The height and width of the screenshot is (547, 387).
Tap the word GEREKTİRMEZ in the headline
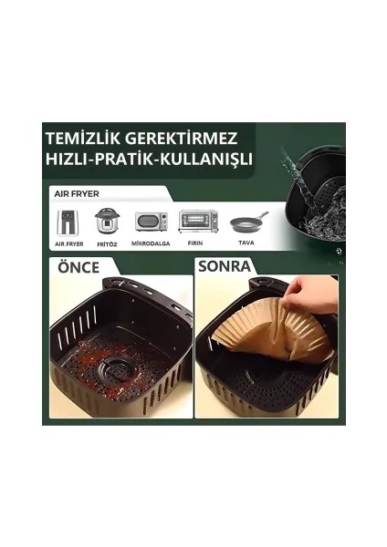[x=181, y=138]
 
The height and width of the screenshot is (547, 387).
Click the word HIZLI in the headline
[x=67, y=159]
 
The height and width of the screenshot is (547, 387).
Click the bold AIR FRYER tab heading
[x=77, y=193]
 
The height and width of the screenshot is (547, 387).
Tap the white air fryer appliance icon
[x=68, y=222]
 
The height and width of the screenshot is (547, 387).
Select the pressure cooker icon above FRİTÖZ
[x=107, y=221]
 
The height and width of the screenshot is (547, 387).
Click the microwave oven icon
[x=152, y=222]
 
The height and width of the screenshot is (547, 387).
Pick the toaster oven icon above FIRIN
[x=198, y=222]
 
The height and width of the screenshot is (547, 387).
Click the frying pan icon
[x=249, y=223]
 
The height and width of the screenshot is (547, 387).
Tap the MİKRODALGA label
[x=151, y=243]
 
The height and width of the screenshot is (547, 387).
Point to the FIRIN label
[x=195, y=243]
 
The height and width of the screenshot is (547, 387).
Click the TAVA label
[x=246, y=243]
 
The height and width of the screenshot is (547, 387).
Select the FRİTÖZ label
[x=107, y=244]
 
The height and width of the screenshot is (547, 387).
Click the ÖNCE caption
[x=78, y=267]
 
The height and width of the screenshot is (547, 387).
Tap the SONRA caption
[x=225, y=266]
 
